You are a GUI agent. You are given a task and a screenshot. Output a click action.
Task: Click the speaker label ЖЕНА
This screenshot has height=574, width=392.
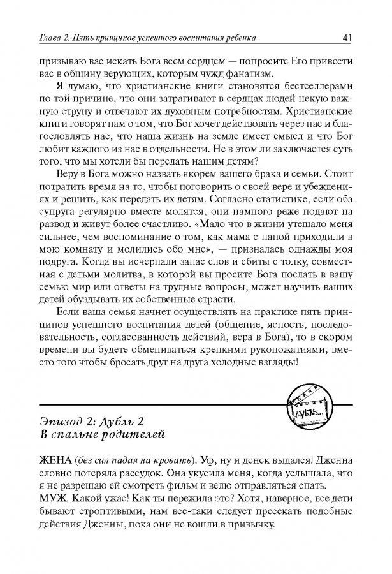pyautogui.click(x=54, y=460)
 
